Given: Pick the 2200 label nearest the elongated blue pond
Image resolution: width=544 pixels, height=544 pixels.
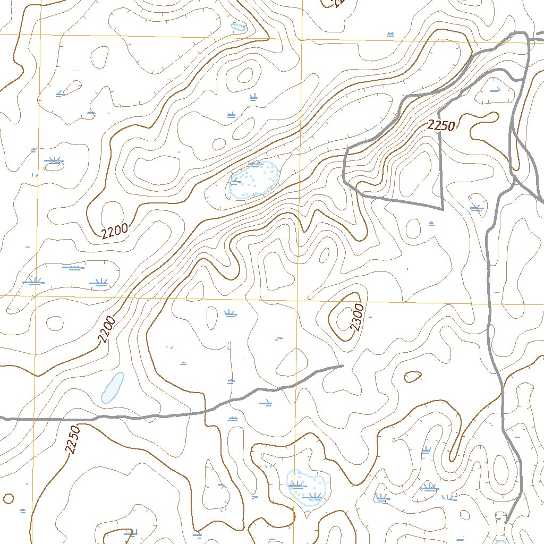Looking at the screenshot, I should [106, 329].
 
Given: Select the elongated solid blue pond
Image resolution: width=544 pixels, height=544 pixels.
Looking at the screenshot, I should [112, 387].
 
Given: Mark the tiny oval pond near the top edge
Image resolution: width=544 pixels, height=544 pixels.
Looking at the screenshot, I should [237, 27].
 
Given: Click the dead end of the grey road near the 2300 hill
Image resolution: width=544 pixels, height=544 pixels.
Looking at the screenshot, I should [343, 365].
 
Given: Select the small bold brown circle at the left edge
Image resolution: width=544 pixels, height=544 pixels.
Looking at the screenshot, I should [8, 498].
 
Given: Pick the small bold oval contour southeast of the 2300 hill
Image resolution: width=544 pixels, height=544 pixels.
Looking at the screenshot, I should [412, 377].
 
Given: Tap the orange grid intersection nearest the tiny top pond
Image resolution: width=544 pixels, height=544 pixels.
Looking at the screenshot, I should [302, 38].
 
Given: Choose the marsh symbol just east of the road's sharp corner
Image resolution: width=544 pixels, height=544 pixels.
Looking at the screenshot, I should [475, 208].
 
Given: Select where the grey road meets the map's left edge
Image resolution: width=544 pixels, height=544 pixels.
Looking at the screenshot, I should [2, 419].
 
